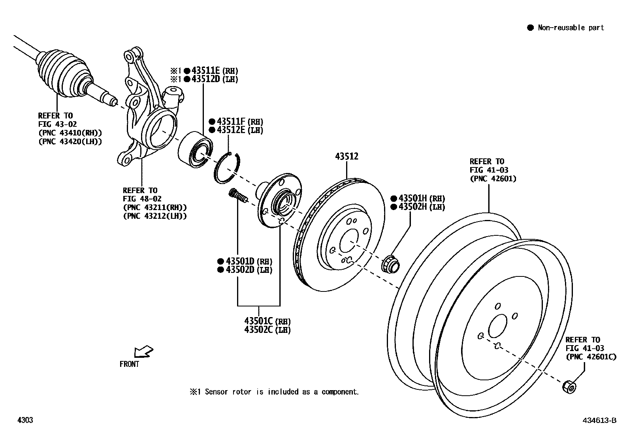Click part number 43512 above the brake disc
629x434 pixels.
tap(347, 156)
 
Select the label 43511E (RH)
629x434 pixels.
tap(215, 71)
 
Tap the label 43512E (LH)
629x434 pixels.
tap(235, 130)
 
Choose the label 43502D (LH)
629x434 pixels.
tap(245, 270)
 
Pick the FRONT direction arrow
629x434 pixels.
tap(143, 351)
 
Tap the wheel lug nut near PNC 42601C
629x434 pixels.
tap(569, 386)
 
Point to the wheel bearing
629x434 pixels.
tap(195, 148)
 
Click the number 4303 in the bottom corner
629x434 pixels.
tap(25, 420)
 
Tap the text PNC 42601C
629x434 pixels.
tap(590, 357)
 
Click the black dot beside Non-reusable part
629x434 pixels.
tap(530, 28)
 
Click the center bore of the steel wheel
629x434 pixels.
tap(497, 327)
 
